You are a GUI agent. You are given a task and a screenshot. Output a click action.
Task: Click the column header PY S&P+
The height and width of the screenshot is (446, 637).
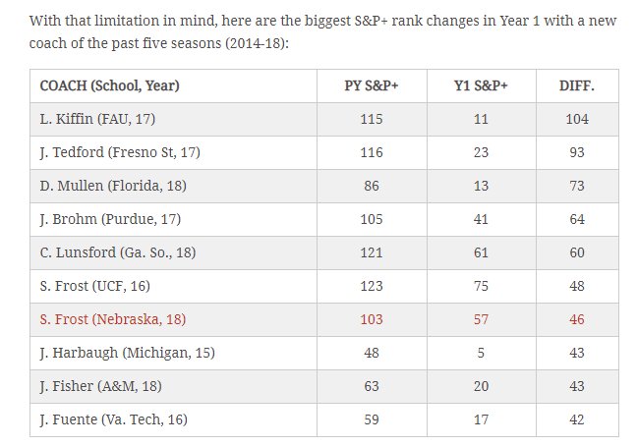372,85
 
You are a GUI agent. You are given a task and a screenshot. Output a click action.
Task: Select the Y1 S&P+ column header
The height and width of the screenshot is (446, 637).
481,85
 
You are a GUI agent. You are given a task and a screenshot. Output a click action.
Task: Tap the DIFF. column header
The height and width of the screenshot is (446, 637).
577,85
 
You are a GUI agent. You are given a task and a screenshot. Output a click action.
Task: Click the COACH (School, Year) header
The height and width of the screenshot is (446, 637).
109,85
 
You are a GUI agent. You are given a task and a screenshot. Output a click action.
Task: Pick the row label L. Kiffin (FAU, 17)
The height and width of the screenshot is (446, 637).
98,119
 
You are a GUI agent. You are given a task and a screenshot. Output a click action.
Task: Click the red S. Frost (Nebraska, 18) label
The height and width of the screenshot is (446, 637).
113,319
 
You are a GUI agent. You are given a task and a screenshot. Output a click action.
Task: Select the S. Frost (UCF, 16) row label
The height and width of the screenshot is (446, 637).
95,286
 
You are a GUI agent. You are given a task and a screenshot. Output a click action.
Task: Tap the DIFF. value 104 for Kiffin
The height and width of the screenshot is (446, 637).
577,119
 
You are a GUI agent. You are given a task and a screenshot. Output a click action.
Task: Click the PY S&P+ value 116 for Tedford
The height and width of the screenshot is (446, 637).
372,152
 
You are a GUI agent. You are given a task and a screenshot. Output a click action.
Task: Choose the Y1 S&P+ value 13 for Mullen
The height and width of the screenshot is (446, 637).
481,186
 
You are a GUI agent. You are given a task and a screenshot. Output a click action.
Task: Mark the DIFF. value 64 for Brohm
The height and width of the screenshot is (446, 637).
577,219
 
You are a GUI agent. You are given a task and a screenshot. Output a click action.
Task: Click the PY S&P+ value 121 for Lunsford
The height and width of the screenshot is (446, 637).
372,252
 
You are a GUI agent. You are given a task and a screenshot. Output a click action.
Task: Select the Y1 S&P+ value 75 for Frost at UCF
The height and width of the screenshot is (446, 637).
481,286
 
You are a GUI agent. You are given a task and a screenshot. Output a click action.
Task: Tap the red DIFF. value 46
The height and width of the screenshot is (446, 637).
577,319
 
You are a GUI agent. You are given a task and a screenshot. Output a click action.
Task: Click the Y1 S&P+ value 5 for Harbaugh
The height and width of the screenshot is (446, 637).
481,353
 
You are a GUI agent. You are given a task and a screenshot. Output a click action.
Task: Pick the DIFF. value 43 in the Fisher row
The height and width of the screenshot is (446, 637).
577,386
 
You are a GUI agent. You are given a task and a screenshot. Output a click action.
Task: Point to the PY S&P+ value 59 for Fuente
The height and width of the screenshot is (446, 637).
372,419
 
